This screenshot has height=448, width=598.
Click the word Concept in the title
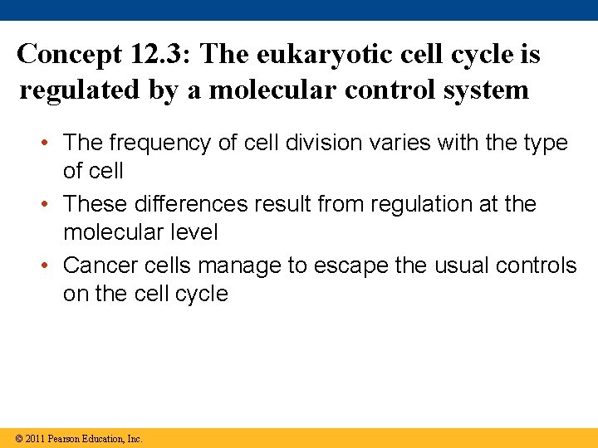tap(71, 55)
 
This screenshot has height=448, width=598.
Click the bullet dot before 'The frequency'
tap(51, 144)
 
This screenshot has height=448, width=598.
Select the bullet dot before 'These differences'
tap(51, 204)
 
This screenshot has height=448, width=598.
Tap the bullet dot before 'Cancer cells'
tap(51, 265)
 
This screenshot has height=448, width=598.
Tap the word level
tap(193, 233)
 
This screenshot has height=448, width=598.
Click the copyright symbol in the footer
tap(19, 439)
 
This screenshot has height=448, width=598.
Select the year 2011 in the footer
tap(35, 439)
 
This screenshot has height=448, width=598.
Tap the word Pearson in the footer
tap(64, 439)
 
